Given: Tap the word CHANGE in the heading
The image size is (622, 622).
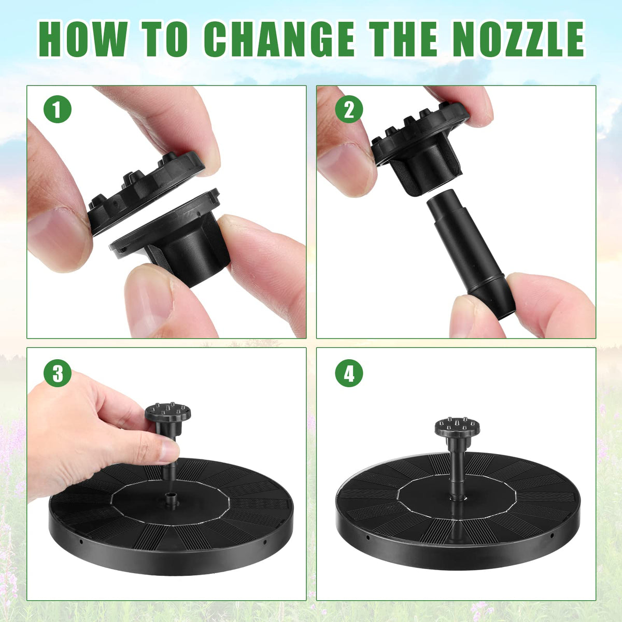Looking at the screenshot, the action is [x=279, y=39].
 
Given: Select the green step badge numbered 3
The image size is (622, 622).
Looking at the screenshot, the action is [x=58, y=373].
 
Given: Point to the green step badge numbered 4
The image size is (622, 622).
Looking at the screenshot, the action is [x=349, y=373].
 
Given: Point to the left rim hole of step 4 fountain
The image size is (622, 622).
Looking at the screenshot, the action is [x=367, y=538].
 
